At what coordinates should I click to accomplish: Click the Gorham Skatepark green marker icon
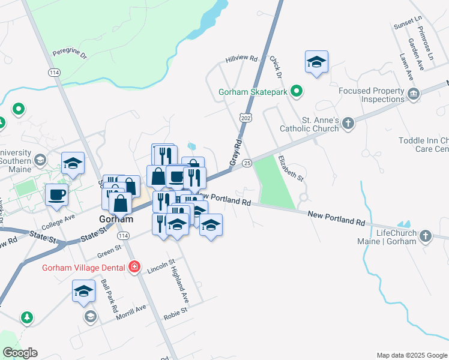[x=296, y=92]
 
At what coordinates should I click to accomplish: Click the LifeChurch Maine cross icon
[x=426, y=235]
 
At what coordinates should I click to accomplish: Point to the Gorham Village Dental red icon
[x=135, y=266]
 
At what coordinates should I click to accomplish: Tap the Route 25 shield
[x=246, y=163]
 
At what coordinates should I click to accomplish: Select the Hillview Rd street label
[x=241, y=59]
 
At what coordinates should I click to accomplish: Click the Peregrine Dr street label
[x=70, y=53]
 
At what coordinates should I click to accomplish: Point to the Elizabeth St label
[x=291, y=168]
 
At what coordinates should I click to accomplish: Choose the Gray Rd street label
[x=235, y=154]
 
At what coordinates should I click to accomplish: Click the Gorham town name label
[x=116, y=219]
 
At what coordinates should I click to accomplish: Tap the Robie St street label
[x=176, y=311]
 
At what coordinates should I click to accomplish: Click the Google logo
[x=20, y=353]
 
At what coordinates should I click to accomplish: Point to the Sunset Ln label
[x=408, y=23]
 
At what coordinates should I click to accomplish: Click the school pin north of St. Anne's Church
[x=316, y=62]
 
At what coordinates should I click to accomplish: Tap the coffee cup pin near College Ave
[x=57, y=195]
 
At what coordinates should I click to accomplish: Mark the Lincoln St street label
[x=161, y=266]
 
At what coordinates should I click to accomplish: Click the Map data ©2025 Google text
[x=411, y=355]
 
